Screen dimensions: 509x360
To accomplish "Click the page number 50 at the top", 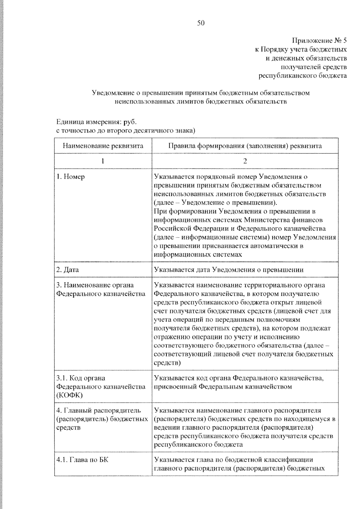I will coord(201,23).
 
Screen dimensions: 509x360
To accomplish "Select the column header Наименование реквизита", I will coord(103,146).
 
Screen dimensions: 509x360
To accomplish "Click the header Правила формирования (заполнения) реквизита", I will coord(245,146).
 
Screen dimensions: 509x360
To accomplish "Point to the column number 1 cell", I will coord(103,161).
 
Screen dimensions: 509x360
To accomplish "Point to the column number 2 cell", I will coord(245,161).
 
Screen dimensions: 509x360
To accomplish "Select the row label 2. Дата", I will coord(67,270).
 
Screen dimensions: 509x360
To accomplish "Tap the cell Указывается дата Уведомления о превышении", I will coord(229,270).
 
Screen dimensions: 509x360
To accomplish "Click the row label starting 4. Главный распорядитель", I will coord(98,410).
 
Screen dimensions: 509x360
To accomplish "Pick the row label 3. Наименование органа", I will coord(95,285).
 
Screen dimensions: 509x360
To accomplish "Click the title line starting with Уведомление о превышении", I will coord(200,93).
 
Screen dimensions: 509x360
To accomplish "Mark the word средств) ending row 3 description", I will coord(167,363).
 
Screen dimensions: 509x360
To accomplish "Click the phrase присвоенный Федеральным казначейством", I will coord(223,387).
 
